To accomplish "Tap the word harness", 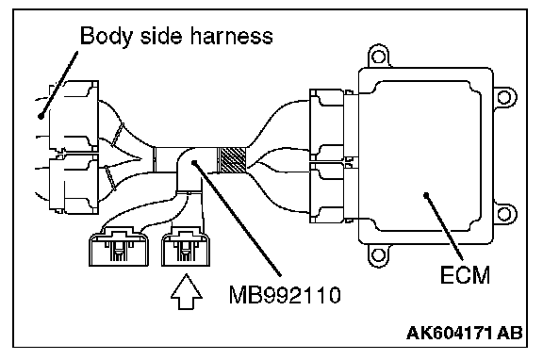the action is pos(231,35).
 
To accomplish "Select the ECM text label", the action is pos(465,275).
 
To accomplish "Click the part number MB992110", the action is pos(285,295).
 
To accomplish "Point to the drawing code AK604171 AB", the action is pos(465,333).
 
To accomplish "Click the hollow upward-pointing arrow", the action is pos(187,292).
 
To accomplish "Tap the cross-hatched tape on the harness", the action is pos(231,160).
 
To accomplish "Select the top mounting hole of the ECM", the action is pos(378,57).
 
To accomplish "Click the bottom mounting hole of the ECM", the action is pos(378,255).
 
